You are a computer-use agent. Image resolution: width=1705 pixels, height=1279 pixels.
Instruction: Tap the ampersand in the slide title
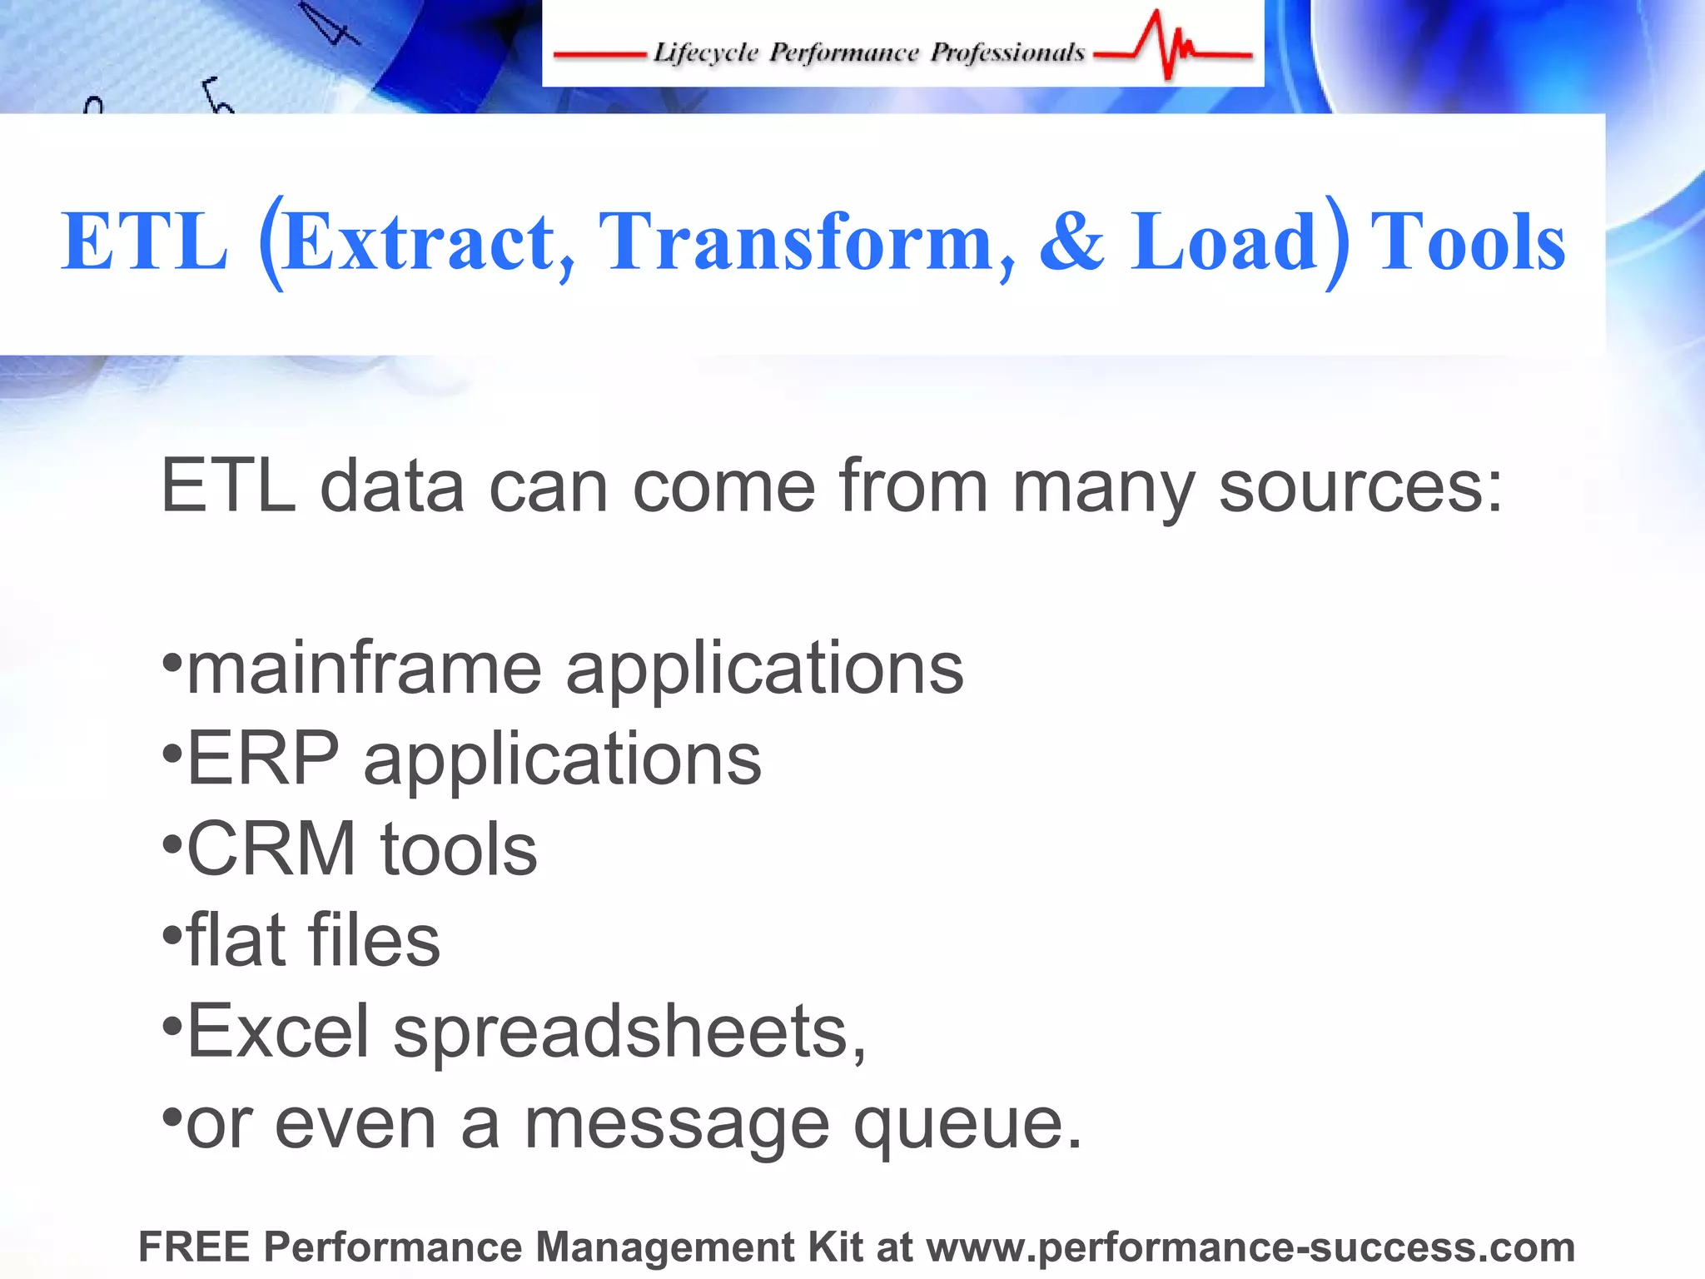pos(1071,242)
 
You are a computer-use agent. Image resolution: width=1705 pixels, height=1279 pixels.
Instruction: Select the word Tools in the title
pos(1468,242)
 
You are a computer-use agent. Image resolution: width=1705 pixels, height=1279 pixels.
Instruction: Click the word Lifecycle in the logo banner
pos(705,52)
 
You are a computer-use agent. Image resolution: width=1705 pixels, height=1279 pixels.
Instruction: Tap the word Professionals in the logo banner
pos(1007,52)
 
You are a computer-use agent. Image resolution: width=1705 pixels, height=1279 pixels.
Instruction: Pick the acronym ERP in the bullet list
pos(263,759)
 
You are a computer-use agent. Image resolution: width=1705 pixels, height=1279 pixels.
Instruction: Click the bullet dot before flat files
pos(171,936)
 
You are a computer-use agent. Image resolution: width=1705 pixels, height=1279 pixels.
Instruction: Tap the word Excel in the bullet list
pos(278,1032)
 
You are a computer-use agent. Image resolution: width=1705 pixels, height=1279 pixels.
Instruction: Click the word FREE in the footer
pos(194,1247)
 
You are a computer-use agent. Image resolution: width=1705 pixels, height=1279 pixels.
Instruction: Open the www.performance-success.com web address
pos(1250,1247)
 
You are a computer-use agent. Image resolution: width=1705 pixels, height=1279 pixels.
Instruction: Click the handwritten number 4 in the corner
pos(333,25)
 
